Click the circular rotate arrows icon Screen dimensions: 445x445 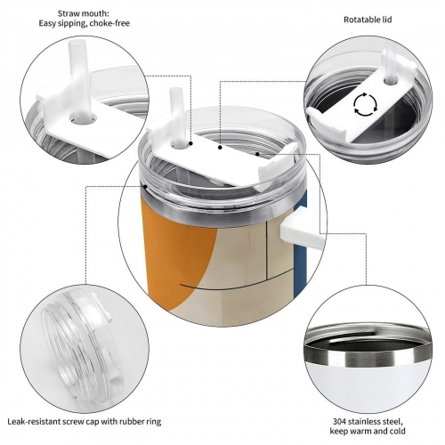point(366,104)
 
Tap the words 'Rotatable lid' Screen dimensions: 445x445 point(368,20)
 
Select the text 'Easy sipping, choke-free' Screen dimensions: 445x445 point(85,23)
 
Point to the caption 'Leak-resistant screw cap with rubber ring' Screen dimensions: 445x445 point(85,421)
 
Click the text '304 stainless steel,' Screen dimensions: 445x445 point(368,421)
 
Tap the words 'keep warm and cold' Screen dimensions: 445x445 point(368,431)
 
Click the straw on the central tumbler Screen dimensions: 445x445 point(176,117)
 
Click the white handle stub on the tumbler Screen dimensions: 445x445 point(300,229)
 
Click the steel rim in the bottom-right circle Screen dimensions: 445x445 point(367,345)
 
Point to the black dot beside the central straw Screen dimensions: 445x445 point(191,143)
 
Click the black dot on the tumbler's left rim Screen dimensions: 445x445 point(145,186)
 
